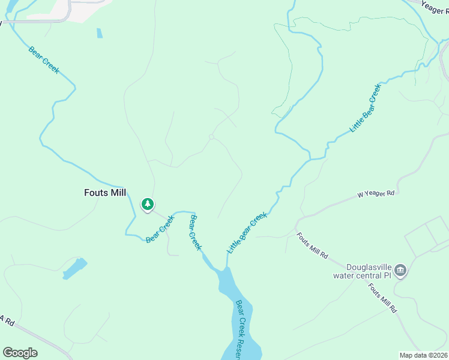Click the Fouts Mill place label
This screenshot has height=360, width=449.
pos(105,193)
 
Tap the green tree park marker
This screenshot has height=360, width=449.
pos(147,205)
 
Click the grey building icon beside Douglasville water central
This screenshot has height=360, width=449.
pos(401,271)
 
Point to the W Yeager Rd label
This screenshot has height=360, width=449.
pos(376,194)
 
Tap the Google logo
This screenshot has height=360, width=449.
pos(20,353)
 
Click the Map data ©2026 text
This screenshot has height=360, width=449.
pos(424,355)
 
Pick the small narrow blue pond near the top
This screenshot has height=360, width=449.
pos(99,33)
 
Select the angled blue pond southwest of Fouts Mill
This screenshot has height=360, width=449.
pos(75,268)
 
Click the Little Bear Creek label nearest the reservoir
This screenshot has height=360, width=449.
pos(246,232)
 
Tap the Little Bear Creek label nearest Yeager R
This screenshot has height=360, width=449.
pos(366,109)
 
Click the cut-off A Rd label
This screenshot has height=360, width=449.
pos(7,320)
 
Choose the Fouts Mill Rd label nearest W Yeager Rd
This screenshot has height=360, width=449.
pos(312,245)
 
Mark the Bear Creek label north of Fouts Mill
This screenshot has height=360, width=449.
pos(44,59)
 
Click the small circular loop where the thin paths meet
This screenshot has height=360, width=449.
pos(211,137)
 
